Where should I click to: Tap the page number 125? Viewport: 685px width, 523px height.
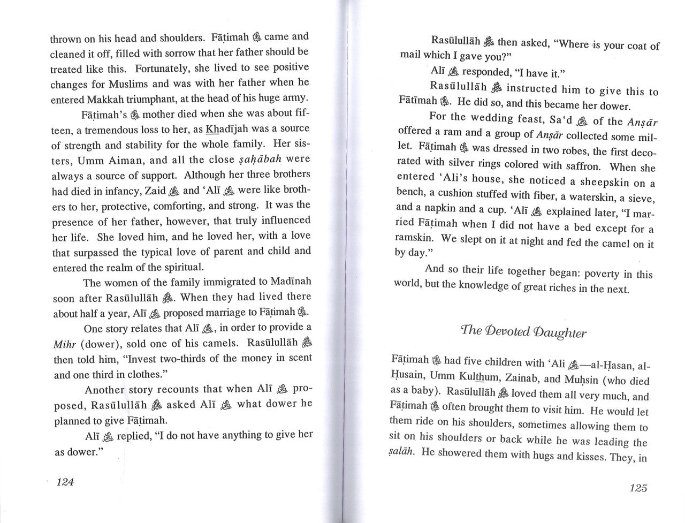click(638, 488)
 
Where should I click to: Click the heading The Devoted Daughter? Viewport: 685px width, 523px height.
click(524, 332)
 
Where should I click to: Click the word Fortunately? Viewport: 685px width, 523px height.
click(161, 69)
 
